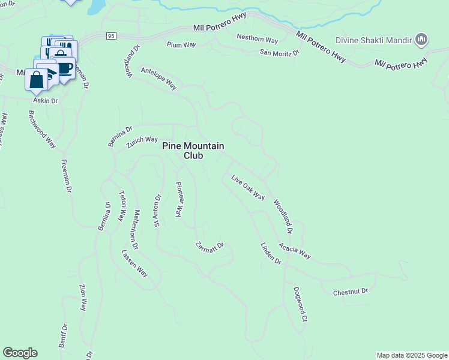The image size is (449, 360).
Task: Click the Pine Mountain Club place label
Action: [x=193, y=151]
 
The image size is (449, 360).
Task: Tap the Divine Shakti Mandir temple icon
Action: [x=421, y=40]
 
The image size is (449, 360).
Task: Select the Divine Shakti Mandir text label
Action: [x=382, y=41]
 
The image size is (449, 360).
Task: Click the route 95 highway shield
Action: [x=110, y=36]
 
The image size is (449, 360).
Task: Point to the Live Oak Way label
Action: [x=248, y=187]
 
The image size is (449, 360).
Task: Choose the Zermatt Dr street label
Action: [x=209, y=246]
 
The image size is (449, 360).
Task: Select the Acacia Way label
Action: [x=295, y=251]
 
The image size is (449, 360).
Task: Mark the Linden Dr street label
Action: [x=271, y=253]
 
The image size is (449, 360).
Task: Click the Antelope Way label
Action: [x=158, y=78]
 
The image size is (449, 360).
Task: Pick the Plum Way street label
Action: [x=182, y=44]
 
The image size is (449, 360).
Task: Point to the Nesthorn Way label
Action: [x=258, y=39]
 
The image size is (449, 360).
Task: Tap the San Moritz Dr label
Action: [x=279, y=53]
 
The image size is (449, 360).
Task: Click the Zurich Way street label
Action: [x=142, y=142]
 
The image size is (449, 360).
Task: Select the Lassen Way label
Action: [x=134, y=263]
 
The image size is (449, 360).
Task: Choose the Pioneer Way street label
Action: [x=178, y=199]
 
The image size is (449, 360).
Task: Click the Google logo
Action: [x=20, y=353]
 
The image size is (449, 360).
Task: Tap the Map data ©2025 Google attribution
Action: [x=412, y=355]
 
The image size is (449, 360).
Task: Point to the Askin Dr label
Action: [x=45, y=101]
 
